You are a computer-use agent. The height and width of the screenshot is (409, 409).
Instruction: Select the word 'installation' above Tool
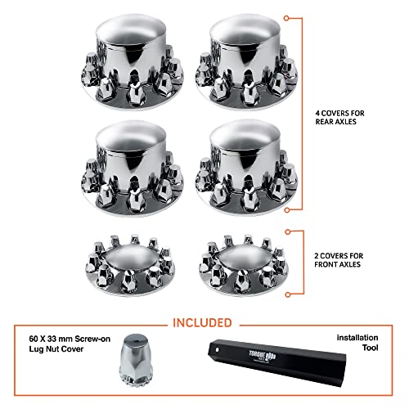[x=362, y=338]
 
